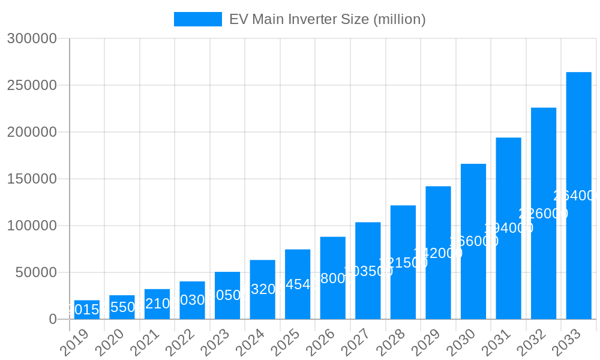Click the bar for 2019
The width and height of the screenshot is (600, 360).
pos(87,310)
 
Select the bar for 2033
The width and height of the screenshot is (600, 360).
pos(579,196)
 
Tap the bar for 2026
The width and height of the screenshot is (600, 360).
pos(333,278)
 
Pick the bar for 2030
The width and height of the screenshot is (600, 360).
pos(473,241)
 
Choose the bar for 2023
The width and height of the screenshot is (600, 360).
pos(227,295)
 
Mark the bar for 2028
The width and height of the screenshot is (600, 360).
pos(403,262)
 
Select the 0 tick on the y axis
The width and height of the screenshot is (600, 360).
pos(53,319)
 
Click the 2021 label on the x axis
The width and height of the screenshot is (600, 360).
pos(145,343)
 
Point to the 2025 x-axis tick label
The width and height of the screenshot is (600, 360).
pos(285,343)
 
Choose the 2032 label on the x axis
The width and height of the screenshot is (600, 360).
pos(531,343)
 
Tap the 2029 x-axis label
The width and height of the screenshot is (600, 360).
pos(425,343)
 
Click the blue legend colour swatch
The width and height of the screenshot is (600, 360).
pos(197,19)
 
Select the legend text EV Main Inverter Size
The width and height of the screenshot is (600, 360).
pos(327,19)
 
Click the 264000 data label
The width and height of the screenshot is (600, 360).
pos(577,196)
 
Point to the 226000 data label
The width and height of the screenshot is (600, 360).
pos(543,214)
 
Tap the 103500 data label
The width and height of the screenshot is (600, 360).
pos(368,271)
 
